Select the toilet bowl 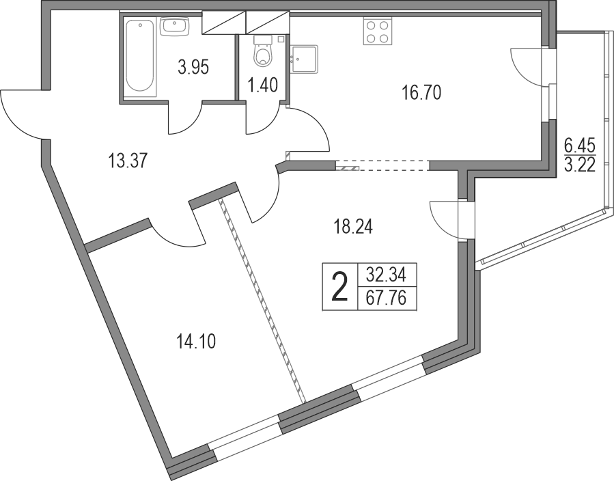[262, 50]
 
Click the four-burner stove [378, 31]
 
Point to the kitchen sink [304, 59]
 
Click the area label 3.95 [193, 68]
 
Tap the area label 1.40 [262, 85]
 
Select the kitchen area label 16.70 [421, 93]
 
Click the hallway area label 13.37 [127, 161]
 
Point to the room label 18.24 [353, 226]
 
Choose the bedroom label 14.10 [196, 343]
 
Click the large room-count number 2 [339, 288]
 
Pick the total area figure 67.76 [386, 299]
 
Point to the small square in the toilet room [281, 39]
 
